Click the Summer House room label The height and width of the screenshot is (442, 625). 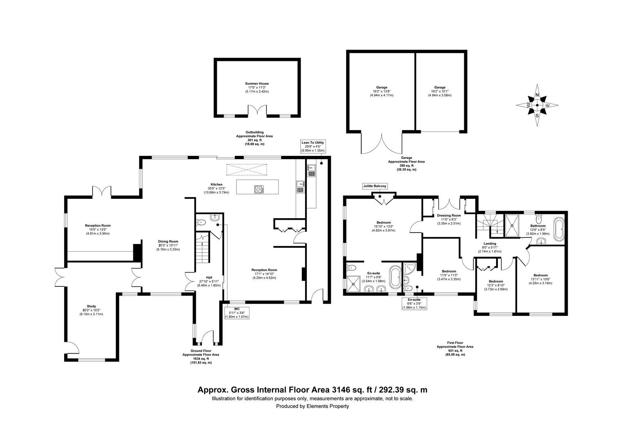(x=257, y=83)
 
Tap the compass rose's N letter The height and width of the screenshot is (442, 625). (x=537, y=95)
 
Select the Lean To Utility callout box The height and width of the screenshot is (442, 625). (x=313, y=147)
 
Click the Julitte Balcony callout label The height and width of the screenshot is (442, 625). (x=375, y=186)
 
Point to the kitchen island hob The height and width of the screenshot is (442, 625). (x=259, y=189)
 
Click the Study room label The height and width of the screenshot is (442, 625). (x=91, y=306)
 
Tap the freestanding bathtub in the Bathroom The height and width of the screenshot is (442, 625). (x=559, y=229)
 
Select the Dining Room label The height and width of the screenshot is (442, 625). (x=168, y=241)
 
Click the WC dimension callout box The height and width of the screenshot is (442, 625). (x=236, y=313)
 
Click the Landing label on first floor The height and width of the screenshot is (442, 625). (x=490, y=244)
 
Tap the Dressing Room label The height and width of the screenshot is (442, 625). (x=449, y=216)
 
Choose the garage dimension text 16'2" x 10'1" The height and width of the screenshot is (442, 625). (x=440, y=91)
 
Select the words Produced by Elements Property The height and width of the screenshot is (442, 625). (x=312, y=406)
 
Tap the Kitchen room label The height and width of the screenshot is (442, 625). (x=216, y=185)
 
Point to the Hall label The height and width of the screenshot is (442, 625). (x=209, y=277)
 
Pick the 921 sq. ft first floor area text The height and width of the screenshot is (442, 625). (x=455, y=351)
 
